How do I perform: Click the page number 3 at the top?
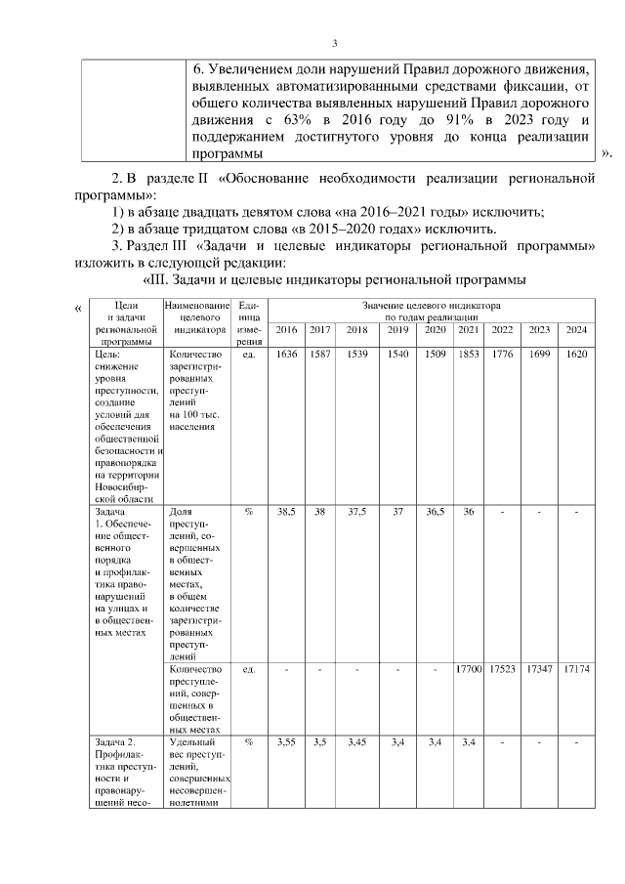[x=334, y=43]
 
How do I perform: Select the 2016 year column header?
[x=286, y=330]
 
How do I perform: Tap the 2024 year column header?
[x=575, y=330]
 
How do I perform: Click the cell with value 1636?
[x=286, y=355]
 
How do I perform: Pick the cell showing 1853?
[x=469, y=355]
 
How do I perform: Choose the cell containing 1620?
[x=575, y=355]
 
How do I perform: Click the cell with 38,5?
[x=286, y=511]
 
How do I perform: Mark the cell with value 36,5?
[x=436, y=511]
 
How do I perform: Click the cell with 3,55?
[x=286, y=743]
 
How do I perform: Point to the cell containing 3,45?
[x=356, y=743]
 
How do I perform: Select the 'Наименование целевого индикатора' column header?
[x=198, y=317]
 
